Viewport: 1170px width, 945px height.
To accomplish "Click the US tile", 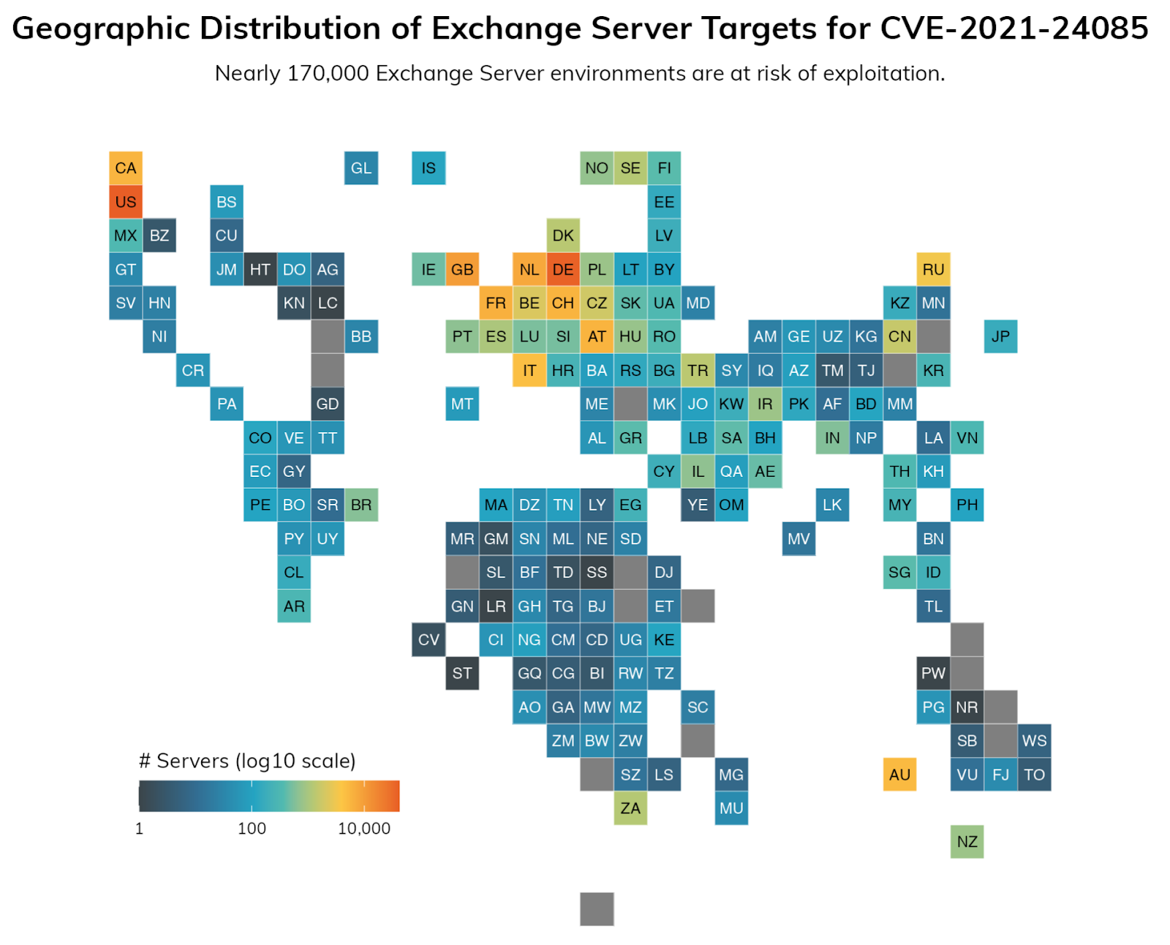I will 126,202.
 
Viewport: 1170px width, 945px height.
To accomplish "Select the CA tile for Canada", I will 126,168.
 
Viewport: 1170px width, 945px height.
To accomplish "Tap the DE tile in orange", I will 563,269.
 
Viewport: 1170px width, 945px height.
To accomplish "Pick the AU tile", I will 899,775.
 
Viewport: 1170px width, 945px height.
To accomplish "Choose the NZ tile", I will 967,842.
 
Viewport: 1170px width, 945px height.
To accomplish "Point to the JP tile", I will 1000,336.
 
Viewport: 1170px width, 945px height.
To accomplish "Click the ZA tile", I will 630,808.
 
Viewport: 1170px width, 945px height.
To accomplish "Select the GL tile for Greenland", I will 361,168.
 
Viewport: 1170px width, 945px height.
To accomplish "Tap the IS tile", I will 429,168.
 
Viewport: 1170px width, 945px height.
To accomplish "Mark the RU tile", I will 933,269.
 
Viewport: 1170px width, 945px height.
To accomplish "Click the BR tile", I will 361,505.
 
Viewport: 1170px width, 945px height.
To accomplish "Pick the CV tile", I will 429,640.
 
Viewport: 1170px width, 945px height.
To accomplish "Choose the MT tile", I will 462,404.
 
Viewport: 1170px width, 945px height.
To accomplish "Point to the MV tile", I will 799,539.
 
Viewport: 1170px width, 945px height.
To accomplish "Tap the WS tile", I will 1034,741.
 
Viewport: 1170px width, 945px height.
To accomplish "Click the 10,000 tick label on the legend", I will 364,829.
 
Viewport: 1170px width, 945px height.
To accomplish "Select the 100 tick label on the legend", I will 252,829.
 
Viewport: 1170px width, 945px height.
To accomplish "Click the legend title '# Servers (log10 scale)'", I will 247,761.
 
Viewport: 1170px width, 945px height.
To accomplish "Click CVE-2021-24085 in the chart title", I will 1014,29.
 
